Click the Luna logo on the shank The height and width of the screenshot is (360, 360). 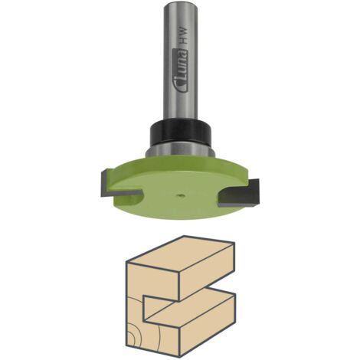[x=181, y=71]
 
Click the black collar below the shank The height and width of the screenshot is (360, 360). [x=180, y=132]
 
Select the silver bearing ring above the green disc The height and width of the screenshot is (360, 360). [x=180, y=151]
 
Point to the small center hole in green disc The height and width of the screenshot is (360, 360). [x=180, y=195]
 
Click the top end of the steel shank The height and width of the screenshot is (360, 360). [x=180, y=5]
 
